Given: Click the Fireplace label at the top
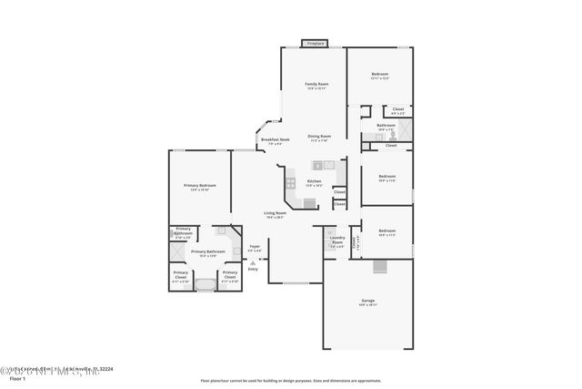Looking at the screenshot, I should pos(315,43).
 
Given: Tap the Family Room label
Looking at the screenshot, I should pos(316,85).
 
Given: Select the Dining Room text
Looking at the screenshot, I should pos(319,137).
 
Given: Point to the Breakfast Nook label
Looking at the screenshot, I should pos(276,140).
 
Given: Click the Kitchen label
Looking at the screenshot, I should pos(314,182).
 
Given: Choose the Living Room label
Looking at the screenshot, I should pos(276,214).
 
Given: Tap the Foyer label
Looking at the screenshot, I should pos(255,247).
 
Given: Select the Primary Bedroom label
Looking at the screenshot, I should pos(198,187).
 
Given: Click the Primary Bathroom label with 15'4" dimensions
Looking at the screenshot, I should pos(207,252).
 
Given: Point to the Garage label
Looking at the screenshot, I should pos(367,301).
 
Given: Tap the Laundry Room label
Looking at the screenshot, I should pos(337,241).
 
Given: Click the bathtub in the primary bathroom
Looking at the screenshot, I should pos(206,285).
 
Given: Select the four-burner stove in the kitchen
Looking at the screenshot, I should pos(291,182).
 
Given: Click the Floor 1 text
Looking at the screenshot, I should pos(16,377).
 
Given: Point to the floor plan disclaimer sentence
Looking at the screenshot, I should pos(291,379).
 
